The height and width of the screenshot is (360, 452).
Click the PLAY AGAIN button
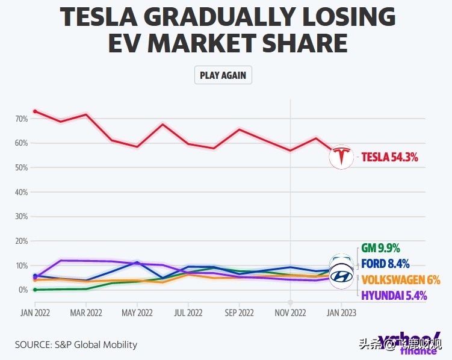click(x=223, y=76)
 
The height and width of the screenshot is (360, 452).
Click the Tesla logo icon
click(x=341, y=157)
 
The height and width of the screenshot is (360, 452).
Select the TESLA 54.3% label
click(x=389, y=158)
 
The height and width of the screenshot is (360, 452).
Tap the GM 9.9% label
click(x=380, y=248)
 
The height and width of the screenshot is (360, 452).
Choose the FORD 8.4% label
click(x=385, y=264)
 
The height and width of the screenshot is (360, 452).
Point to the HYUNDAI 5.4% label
click(x=394, y=295)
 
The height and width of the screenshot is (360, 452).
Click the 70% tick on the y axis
click(x=22, y=119)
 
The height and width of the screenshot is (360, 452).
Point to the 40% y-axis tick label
click(x=22, y=192)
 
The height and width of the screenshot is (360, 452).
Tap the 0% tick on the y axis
click(x=23, y=290)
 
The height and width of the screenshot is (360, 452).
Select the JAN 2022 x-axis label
click(x=35, y=313)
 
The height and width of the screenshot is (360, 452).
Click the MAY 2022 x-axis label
click(x=137, y=313)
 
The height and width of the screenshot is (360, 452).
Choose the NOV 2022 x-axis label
click(x=290, y=313)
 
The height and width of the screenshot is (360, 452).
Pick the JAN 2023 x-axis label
click(x=341, y=313)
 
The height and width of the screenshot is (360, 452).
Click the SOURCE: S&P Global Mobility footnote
click(x=76, y=345)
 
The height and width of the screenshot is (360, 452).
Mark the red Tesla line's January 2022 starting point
click(x=35, y=111)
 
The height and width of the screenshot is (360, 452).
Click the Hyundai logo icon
click(x=341, y=276)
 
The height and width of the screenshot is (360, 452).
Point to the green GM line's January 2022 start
click(x=35, y=290)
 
